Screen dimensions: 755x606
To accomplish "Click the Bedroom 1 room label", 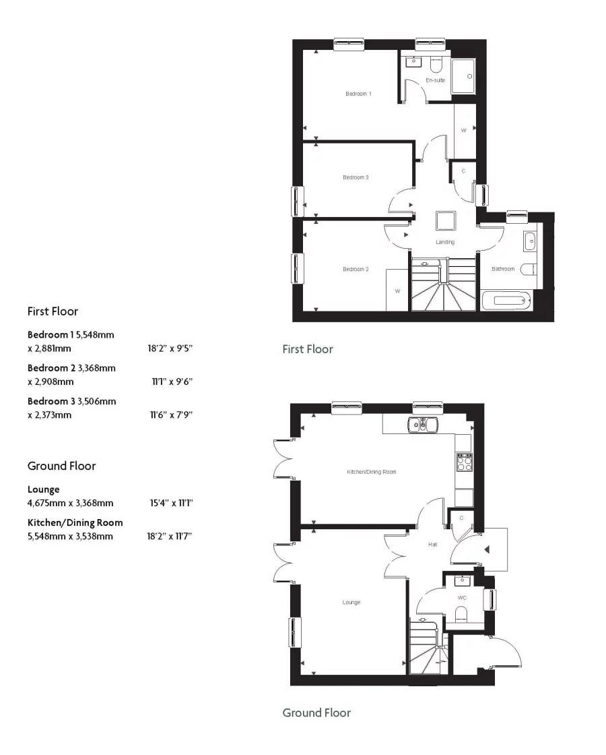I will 358,94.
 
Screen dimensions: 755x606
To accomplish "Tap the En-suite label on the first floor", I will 435,80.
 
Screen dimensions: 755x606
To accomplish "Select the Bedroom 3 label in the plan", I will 356,177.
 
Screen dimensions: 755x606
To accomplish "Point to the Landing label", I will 445,242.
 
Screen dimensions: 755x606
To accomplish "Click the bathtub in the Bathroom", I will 507,300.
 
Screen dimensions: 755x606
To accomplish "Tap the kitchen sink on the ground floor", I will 422,424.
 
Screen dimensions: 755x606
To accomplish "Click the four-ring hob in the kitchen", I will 464,462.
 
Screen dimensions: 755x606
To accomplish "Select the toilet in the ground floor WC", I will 462,613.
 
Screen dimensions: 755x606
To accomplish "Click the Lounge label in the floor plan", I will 351,602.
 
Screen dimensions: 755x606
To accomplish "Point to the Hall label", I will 433,543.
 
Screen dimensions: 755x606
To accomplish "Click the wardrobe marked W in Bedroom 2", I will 397,291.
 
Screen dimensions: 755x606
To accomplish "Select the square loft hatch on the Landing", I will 446,221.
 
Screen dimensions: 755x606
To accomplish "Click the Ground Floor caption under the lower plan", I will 316,713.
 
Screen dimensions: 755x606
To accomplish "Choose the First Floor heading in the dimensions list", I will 53,311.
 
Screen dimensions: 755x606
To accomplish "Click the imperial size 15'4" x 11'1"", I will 172,503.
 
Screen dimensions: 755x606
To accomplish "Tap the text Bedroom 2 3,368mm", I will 71,368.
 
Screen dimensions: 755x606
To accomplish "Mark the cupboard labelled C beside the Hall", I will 461,518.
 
